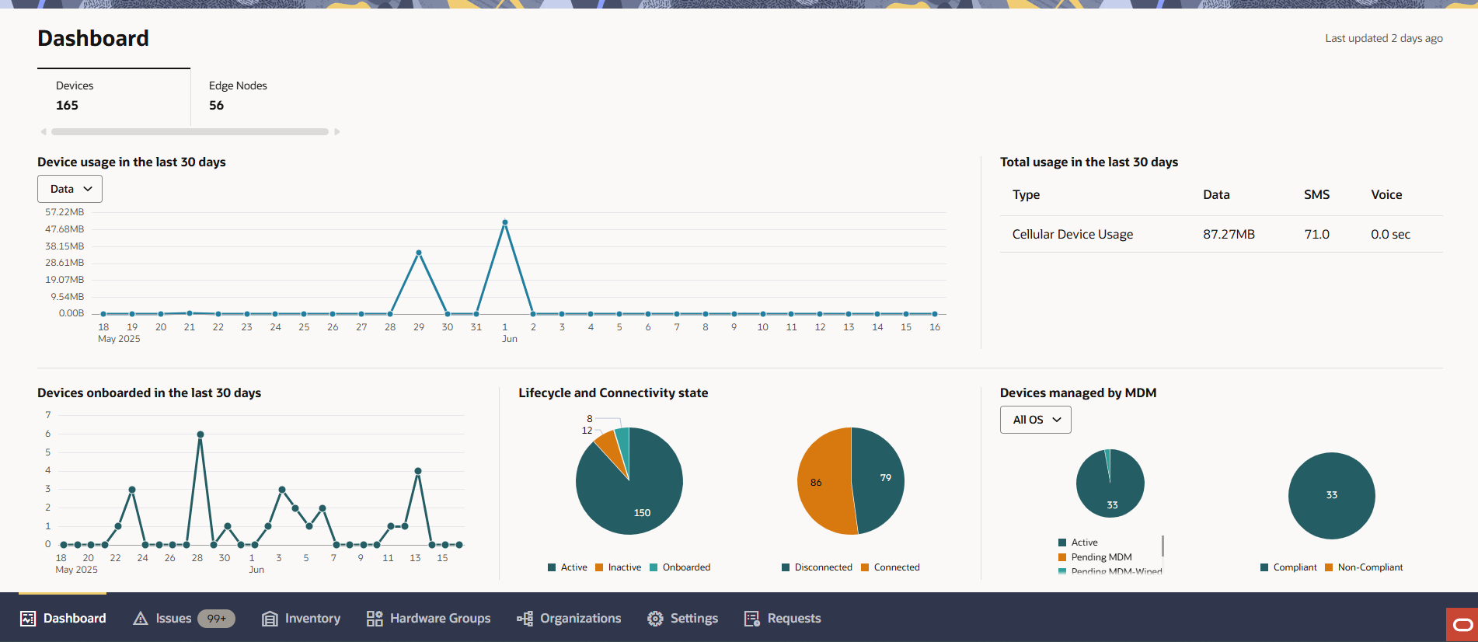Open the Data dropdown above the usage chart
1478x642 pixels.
point(70,189)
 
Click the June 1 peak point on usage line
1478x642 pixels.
point(505,222)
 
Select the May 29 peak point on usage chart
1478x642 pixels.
point(419,253)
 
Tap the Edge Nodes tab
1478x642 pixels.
point(238,96)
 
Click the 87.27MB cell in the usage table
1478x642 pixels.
point(1229,234)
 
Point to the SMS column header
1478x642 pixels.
point(1316,195)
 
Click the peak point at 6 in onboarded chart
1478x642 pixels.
point(200,434)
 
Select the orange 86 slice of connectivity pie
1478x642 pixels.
point(820,482)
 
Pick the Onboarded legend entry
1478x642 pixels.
point(685,567)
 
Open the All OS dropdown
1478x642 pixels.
point(1035,420)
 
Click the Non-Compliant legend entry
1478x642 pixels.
point(1369,567)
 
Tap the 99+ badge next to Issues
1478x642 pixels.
point(216,619)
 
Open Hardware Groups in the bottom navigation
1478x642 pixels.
point(439,619)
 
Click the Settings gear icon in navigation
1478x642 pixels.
point(655,619)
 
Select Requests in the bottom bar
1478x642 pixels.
point(793,619)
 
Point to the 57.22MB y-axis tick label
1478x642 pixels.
point(64,212)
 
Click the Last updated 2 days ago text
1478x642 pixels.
point(1383,38)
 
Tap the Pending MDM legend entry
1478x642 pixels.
point(1100,557)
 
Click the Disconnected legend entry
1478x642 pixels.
point(822,567)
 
